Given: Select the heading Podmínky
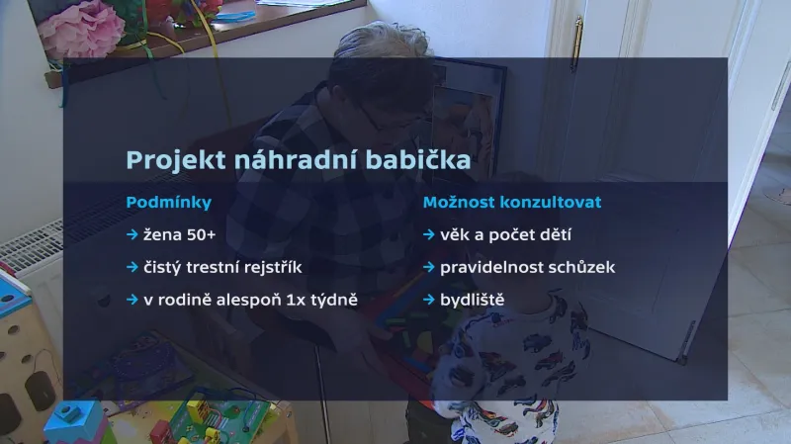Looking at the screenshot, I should [x=168, y=203].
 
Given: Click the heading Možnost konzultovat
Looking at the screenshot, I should [x=512, y=202].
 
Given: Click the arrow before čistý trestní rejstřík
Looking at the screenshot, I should [x=132, y=267].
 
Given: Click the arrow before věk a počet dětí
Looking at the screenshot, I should [x=429, y=235].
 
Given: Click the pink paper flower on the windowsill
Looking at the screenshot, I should [x=81, y=27].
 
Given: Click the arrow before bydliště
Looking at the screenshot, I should [x=429, y=299].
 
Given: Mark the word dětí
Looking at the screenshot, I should [x=550, y=235].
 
